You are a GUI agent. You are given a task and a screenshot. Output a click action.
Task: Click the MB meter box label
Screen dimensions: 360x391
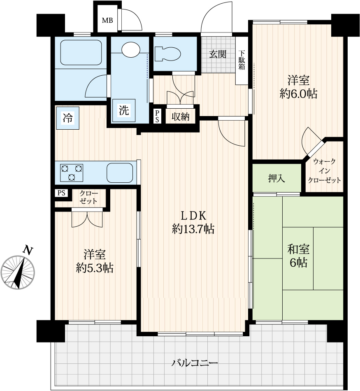click(x=107, y=20)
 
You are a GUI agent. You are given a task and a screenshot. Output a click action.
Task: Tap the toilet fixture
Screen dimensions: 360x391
click(x=167, y=54)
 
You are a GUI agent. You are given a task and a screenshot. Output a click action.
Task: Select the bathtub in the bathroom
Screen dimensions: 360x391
click(x=81, y=53)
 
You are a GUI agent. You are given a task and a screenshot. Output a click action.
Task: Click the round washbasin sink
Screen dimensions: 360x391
click(x=131, y=49)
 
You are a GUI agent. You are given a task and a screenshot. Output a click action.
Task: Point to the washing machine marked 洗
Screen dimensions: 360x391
click(x=124, y=110)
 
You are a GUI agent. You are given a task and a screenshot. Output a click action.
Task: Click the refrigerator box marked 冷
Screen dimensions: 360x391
click(x=68, y=118)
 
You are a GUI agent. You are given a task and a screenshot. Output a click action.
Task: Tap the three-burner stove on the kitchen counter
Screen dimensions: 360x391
click(x=72, y=173)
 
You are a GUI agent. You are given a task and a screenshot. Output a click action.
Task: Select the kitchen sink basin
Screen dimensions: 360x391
click(x=120, y=173)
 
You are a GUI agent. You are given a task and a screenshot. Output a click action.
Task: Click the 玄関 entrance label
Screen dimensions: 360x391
click(x=218, y=54)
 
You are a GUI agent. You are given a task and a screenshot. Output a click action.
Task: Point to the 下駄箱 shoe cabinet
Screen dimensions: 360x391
click(x=242, y=61)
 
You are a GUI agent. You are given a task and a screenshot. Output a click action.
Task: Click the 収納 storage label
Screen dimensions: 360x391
click(x=181, y=116)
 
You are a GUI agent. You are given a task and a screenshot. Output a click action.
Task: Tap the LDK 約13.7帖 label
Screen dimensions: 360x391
click(x=193, y=222)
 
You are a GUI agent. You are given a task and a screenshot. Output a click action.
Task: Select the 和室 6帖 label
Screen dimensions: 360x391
click(x=298, y=256)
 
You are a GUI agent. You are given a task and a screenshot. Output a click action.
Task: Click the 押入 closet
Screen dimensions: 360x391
click(x=277, y=178)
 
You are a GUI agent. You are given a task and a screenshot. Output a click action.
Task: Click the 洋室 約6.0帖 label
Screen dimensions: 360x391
click(x=298, y=87)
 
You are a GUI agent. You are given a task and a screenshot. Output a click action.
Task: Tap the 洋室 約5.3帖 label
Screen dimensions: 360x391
click(x=95, y=261)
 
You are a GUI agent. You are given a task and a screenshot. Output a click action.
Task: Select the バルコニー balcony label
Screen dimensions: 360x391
click(x=195, y=363)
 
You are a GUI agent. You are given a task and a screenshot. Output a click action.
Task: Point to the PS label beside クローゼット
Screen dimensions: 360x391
click(x=61, y=193)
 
